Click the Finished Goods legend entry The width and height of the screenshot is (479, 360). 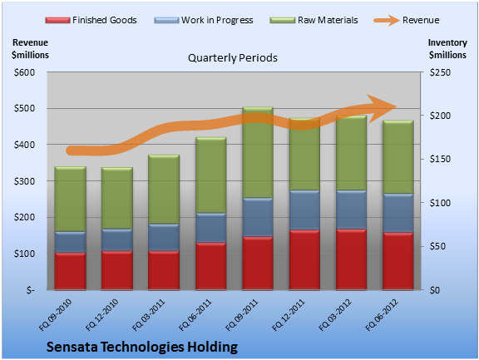(91, 20)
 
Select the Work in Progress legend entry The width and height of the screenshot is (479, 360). (204, 20)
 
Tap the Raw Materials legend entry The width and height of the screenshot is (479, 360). (314, 20)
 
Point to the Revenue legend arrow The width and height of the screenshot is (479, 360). (387, 21)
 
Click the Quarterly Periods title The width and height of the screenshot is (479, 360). (233, 57)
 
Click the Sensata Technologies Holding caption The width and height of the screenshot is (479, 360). (142, 347)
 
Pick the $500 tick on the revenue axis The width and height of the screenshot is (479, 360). (24, 108)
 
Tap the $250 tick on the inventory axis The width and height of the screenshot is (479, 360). (440, 72)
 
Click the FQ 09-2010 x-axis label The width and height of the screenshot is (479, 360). (55, 315)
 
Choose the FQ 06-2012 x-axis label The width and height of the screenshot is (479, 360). (382, 315)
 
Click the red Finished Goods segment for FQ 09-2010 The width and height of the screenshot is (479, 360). (70, 271)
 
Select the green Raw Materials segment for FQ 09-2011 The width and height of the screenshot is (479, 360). (258, 152)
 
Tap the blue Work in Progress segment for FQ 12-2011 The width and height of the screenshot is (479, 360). (304, 210)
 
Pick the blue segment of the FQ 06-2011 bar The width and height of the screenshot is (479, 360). (210, 228)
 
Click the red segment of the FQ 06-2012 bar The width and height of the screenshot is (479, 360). (398, 261)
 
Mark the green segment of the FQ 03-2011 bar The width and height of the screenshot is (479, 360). (164, 190)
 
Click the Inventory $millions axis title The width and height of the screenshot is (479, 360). (447, 49)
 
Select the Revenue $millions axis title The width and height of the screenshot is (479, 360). (30, 49)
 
